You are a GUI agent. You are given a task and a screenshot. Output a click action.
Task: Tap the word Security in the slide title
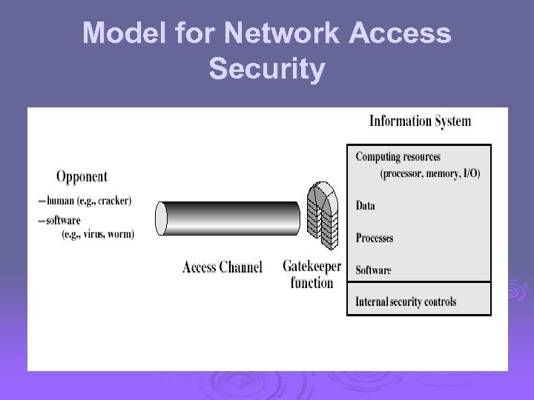click(267, 70)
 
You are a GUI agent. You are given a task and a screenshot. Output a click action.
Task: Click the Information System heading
click(420, 121)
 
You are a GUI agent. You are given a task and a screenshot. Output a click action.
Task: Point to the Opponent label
click(82, 176)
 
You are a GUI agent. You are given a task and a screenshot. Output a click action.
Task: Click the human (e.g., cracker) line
click(88, 201)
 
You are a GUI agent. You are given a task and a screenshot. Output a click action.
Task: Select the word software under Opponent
click(63, 220)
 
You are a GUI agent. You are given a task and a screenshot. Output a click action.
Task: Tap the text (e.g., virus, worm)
click(97, 233)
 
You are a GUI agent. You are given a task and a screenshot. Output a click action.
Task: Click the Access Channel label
click(222, 267)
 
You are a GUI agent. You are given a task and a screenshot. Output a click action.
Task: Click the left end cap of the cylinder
click(162, 218)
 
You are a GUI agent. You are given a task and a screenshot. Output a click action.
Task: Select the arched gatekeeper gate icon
click(323, 215)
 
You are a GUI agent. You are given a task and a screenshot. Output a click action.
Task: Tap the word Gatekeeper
click(311, 266)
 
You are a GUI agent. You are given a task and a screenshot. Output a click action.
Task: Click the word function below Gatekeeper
click(311, 282)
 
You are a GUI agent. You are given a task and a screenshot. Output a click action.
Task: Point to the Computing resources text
click(398, 157)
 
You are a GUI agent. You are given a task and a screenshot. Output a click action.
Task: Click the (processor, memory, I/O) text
click(429, 174)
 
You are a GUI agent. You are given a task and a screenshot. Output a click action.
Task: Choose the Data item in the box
click(366, 206)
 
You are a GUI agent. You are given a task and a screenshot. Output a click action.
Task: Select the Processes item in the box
click(375, 238)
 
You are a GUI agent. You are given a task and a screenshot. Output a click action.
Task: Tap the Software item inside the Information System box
click(373, 270)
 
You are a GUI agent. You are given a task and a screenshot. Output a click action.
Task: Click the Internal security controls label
click(406, 301)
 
